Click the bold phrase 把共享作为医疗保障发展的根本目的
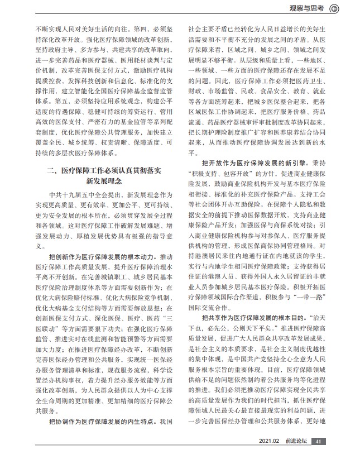(x=249, y=316)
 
